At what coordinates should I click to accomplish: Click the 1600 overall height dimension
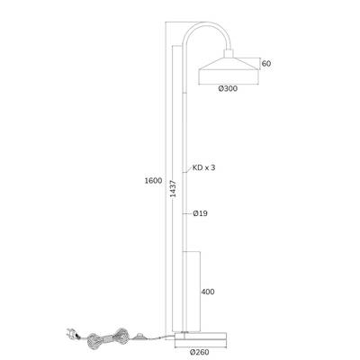pyautogui.click(x=153, y=181)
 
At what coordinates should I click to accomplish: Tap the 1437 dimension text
pyautogui.click(x=173, y=189)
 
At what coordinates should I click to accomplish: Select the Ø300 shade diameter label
pyautogui.click(x=228, y=88)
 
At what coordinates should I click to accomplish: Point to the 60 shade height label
pyautogui.click(x=266, y=64)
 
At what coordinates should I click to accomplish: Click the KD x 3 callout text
pyautogui.click(x=203, y=167)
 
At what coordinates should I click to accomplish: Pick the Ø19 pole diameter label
pyautogui.click(x=200, y=213)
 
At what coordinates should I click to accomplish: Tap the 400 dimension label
pyautogui.click(x=208, y=292)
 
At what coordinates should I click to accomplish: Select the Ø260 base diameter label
pyautogui.click(x=200, y=352)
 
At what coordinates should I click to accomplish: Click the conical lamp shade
pyautogui.click(x=229, y=70)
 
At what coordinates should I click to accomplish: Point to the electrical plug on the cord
pyautogui.click(x=72, y=333)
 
